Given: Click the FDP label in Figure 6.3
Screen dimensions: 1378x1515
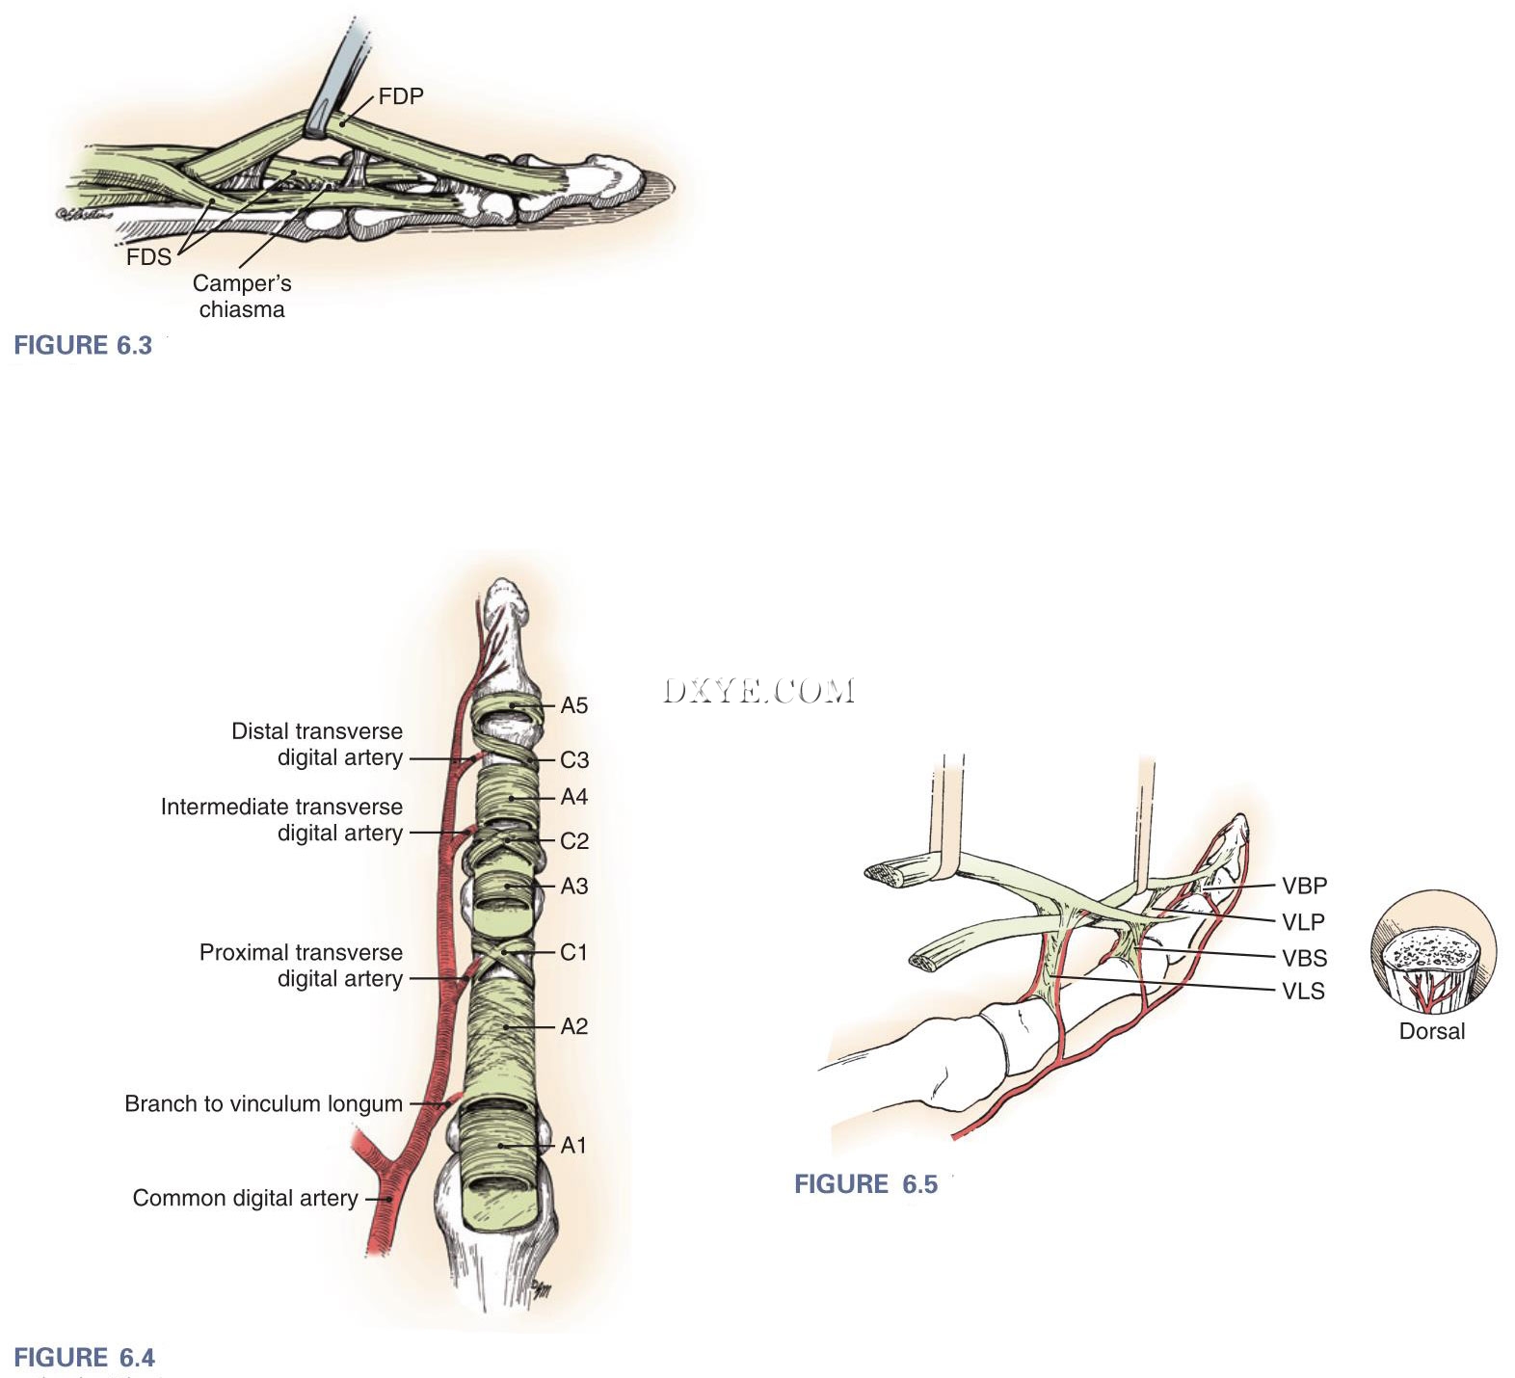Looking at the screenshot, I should (400, 96).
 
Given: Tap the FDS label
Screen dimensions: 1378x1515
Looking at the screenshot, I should (148, 257).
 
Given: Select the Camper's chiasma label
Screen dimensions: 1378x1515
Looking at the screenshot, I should (241, 296).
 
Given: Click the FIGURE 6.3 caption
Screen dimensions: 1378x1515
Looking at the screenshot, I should (83, 346).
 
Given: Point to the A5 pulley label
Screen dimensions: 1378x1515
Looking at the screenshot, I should (573, 706).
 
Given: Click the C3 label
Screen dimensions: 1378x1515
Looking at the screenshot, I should (573, 760).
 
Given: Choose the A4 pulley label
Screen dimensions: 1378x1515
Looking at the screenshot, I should (573, 797).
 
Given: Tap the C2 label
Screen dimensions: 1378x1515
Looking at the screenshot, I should (573, 841).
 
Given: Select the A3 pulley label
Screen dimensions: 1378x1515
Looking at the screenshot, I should (573, 886).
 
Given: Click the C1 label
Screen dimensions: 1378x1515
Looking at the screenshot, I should (573, 952).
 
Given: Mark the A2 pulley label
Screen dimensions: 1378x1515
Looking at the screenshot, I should (573, 1026).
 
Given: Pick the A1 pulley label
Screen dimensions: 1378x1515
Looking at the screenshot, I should (573, 1145).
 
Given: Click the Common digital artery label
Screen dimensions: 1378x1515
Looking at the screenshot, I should (245, 1198).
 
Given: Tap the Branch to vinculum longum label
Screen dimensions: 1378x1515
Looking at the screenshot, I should (263, 1103).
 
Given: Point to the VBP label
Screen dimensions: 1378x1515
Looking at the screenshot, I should (1304, 886).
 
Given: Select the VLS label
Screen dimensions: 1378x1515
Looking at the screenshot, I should (1303, 991).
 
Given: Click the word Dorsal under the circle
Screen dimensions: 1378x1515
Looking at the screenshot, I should (1431, 1031).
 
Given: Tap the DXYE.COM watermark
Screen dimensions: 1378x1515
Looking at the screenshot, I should (758, 690).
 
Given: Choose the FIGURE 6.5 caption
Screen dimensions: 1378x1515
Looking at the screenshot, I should (865, 1184).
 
